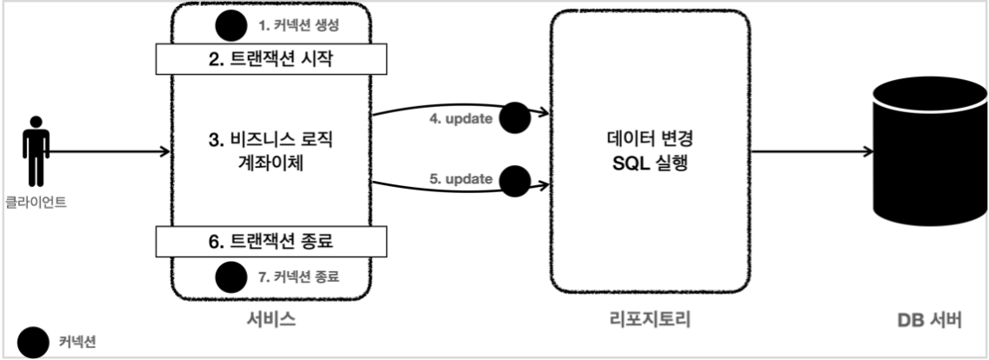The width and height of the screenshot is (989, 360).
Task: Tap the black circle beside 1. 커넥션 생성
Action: pos(231,25)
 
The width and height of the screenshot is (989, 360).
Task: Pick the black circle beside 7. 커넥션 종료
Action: pos(231,277)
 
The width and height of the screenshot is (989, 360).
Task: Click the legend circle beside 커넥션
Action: pos(34,342)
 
